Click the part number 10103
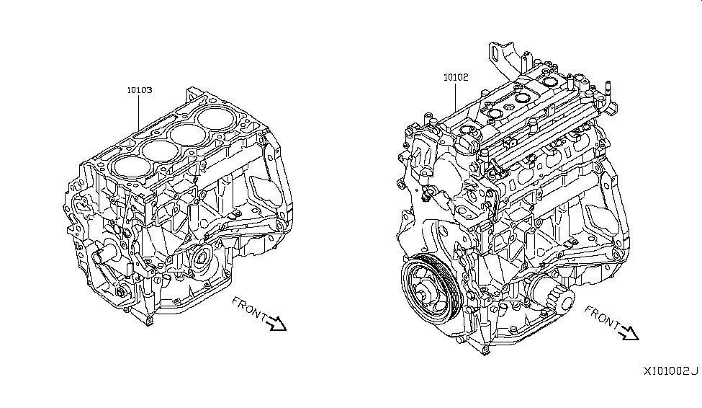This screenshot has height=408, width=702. coord(140,90)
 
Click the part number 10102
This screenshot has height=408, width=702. coord(456,78)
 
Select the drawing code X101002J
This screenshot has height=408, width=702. coord(670,371)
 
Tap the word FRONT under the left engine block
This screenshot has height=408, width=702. coord(250,309)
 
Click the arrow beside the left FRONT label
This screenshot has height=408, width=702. coord(276,323)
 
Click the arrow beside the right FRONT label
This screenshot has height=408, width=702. coord(629,332)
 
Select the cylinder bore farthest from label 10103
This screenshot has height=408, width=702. coord(217,118)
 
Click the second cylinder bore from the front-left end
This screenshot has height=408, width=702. coord(159,150)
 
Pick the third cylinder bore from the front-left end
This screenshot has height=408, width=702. coord(188,134)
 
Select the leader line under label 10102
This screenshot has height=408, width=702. coord(456,97)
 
